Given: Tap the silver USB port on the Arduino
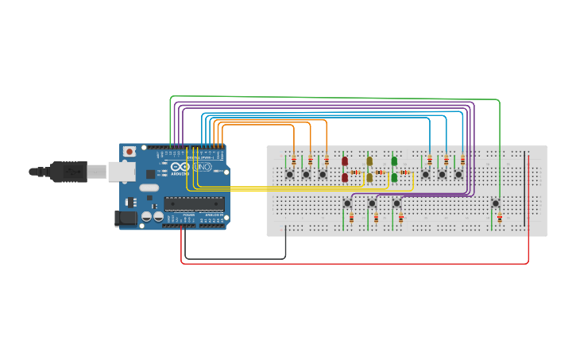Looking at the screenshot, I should coord(121,170).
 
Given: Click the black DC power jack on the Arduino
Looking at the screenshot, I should coord(124,217).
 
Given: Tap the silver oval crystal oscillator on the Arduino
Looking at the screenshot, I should coord(149,189).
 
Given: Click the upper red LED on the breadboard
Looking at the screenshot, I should coord(345,161).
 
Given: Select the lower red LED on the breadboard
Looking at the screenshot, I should coord(345,178).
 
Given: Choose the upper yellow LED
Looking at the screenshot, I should coord(369,161).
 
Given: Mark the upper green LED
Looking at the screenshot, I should coord(394,161).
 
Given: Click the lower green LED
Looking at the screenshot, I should coord(394,178).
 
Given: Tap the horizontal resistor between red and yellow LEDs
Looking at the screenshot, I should coord(356,172).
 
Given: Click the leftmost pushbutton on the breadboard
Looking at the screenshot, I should coord(290,174).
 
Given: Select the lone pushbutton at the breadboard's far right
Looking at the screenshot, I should coord(496,203).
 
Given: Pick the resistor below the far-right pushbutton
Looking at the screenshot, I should coord(499,218).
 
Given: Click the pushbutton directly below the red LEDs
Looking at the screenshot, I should coord(347,203).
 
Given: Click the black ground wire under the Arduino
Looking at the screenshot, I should coord(234,259).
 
